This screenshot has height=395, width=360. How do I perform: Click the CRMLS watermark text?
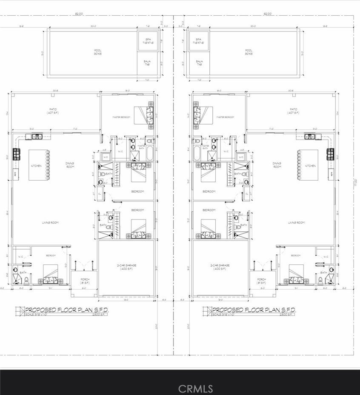pyautogui.click(x=195, y=388)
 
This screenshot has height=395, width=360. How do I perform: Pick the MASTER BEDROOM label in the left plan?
pyautogui.click(x=121, y=117)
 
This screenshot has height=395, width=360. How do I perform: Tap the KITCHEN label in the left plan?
pyautogui.click(x=36, y=165)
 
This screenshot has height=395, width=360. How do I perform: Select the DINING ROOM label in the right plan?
pyautogui.click(x=277, y=165)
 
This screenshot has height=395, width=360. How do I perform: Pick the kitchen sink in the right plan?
pyautogui.click(x=311, y=136)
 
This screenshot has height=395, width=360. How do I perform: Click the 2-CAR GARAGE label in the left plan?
pyautogui.click(x=126, y=267)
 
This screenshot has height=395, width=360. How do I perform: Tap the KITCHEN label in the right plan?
pyautogui.click(x=310, y=165)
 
